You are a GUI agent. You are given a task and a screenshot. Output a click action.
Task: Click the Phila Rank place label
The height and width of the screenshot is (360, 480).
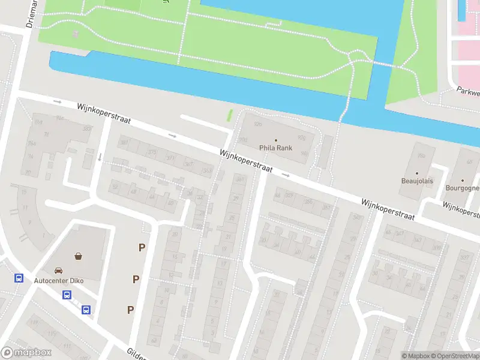click(x=275, y=148)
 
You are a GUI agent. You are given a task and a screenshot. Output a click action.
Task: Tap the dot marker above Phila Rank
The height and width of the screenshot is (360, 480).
click(x=276, y=140)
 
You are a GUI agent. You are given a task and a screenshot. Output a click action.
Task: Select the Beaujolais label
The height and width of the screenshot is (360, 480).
click(x=417, y=181)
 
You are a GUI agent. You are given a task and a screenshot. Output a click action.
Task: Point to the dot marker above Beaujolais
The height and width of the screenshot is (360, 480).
click(x=417, y=173)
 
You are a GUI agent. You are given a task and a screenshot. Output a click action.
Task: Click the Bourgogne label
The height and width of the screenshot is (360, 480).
click(x=463, y=188)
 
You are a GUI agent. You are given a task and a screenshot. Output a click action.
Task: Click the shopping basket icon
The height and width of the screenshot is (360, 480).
click(x=78, y=256)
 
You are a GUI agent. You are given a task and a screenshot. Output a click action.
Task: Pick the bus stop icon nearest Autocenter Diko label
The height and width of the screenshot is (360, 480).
click(x=67, y=295)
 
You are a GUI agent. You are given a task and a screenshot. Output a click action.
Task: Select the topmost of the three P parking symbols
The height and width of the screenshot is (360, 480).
click(x=142, y=247)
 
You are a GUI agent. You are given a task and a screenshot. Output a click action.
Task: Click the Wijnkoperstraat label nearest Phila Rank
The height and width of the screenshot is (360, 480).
click(x=246, y=161)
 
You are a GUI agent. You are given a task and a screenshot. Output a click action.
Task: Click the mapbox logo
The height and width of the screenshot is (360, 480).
click(x=26, y=353)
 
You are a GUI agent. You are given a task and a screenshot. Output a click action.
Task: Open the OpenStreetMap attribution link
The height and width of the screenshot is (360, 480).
click(x=456, y=356)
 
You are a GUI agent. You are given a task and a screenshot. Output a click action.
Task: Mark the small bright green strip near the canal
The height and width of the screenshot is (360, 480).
click(x=229, y=115)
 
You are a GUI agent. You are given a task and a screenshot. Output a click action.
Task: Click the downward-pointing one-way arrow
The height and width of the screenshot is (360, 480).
click(x=100, y=157)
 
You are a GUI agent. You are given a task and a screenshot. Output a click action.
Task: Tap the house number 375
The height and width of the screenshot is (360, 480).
click(x=152, y=152)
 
